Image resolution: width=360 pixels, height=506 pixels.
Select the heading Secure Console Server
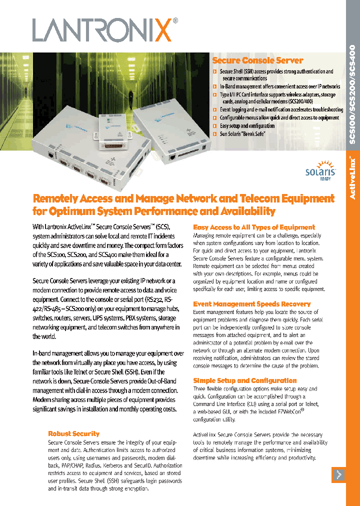pyautogui.click(x=257, y=60)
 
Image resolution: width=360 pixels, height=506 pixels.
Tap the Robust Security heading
pyautogui.click(x=73, y=433)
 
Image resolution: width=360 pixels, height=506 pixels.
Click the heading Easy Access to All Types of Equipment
pyautogui.click(x=254, y=227)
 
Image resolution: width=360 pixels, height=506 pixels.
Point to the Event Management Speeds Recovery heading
pyautogui.click(x=251, y=304)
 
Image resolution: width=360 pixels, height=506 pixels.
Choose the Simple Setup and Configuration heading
pyautogui.click(x=244, y=380)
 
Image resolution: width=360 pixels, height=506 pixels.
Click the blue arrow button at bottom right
pyautogui.click(x=338, y=475)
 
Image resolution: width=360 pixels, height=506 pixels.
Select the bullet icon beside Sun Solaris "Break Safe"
pyautogui.click(x=214, y=134)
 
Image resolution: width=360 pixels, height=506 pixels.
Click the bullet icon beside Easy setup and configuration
pyautogui.click(x=214, y=126)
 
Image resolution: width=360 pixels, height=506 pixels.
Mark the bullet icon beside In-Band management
pyautogui.click(x=214, y=86)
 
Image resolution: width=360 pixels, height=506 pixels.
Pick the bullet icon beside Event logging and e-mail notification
pyautogui.click(x=214, y=109)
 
